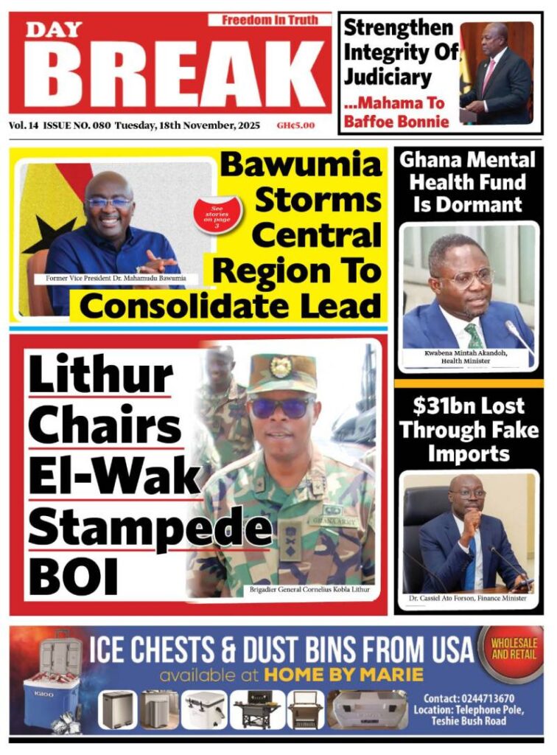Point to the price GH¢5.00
coord(295,125)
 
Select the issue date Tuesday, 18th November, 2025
coord(187,125)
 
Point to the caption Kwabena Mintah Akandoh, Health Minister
coord(467,357)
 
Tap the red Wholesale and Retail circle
coord(513,648)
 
